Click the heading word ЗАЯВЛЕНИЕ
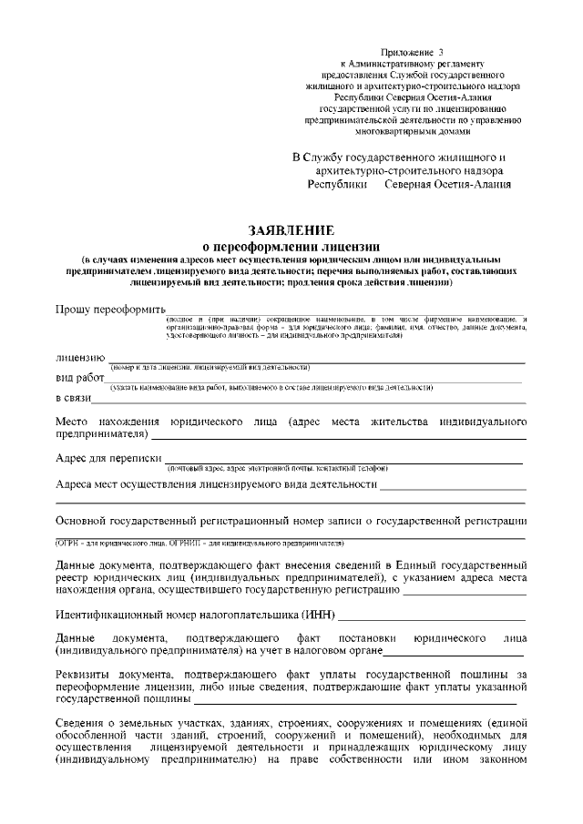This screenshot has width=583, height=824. tap(291, 229)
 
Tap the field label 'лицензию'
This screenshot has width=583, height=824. tap(80, 357)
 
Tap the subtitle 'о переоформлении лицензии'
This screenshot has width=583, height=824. tap(291, 246)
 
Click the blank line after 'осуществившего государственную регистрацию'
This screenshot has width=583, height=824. tap(464, 593)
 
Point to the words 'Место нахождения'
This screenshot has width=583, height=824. tap(108, 422)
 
